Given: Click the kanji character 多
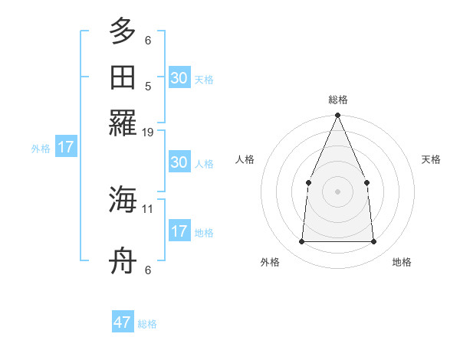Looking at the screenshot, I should coord(123,32).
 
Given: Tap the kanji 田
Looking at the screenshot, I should coord(123,77).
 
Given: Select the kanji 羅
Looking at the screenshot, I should coord(123,122).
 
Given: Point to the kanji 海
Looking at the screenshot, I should coord(123,201).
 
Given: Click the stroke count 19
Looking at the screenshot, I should coord(148,132).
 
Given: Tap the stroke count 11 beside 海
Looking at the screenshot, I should coord(148,208).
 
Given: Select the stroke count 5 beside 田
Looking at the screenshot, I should coord(148,86).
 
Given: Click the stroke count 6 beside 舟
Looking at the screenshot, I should coord(148,269).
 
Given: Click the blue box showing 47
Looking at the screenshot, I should coord(123,322).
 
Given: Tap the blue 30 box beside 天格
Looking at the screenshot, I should coord(179,77).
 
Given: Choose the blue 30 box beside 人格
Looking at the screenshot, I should coord(179,162).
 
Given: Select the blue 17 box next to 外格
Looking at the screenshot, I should coord(66,147).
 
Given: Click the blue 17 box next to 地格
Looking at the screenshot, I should coord(179,231).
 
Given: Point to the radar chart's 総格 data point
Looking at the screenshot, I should coord(337,116).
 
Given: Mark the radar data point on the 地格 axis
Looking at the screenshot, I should coord(373,242).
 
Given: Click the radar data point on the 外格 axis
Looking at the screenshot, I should coord(301,242).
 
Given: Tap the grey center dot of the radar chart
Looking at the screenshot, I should coord(337,191).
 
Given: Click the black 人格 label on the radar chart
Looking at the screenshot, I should coord(245,159).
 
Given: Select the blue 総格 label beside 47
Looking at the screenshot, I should coord(147,324).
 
